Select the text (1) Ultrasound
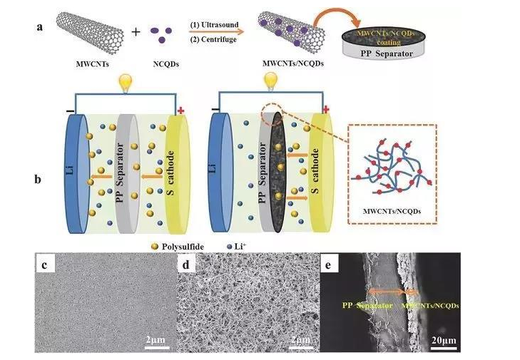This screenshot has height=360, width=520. coord(212,24)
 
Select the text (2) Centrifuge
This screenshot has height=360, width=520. coord(212,40)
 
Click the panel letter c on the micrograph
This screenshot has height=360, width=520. coord(44,267)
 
